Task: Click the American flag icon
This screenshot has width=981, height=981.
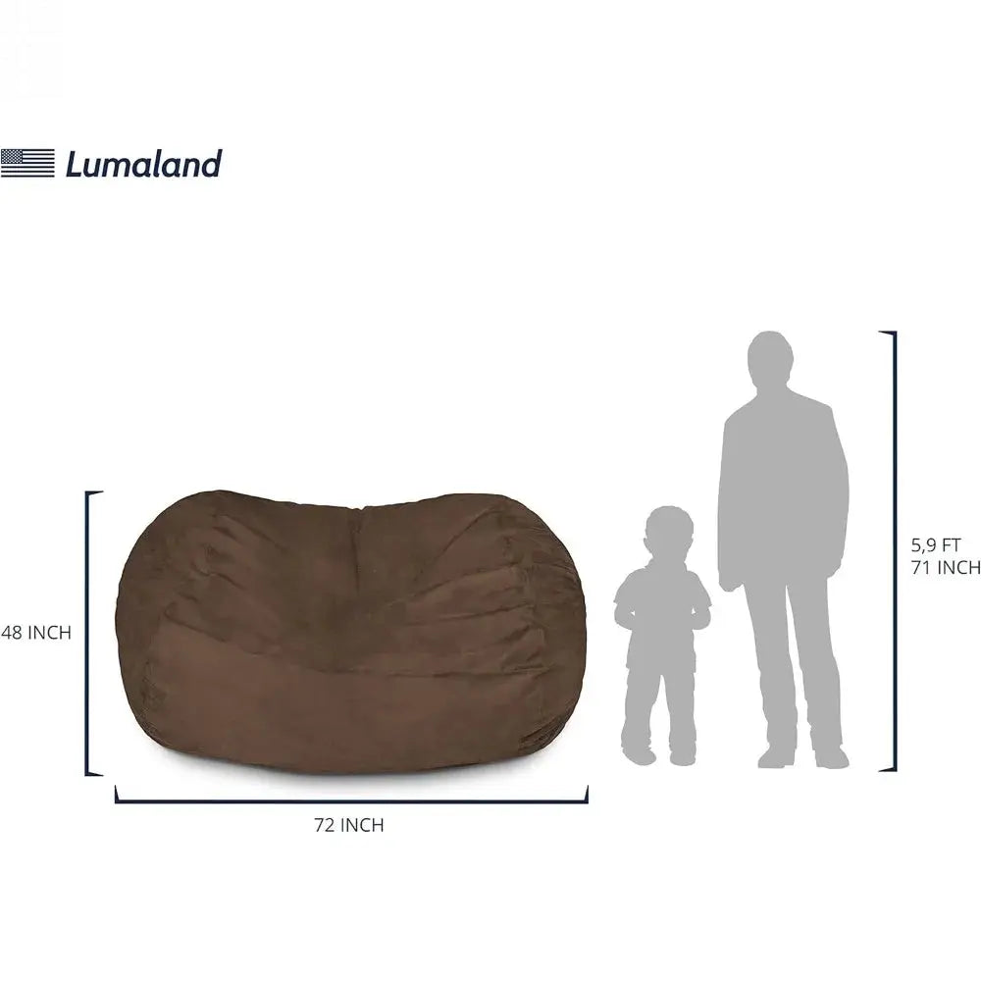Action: pos(27,163)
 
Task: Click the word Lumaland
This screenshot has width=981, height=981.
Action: pos(143,164)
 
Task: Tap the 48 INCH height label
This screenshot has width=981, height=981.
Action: pos(36,633)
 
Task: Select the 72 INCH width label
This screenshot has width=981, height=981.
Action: pos(349,825)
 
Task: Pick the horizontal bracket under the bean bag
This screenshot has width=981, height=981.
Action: pos(351,800)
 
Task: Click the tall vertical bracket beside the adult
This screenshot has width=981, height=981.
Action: pos(893,551)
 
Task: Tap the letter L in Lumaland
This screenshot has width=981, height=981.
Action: pos(75,164)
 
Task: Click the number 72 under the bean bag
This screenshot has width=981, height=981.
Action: pos(325,825)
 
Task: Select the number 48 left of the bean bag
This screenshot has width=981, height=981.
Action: pos(12,633)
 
